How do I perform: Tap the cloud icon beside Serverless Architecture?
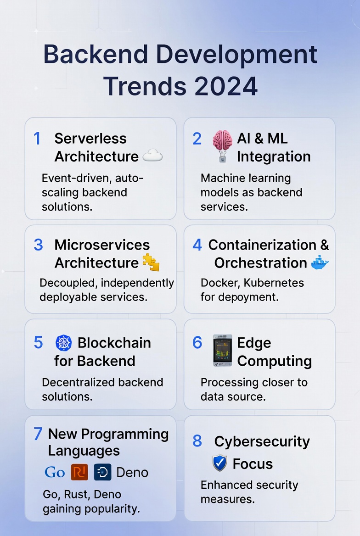[x=152, y=156]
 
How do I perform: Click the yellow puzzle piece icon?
[x=151, y=262]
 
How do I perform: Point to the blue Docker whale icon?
[x=320, y=263]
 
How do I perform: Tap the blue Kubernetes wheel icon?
[x=63, y=343]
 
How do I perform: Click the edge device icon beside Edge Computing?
[x=223, y=350]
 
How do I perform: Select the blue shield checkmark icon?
[x=219, y=463]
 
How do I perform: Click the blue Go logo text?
[x=55, y=472]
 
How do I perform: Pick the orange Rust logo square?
[x=79, y=472]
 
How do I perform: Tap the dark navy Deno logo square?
[x=102, y=472]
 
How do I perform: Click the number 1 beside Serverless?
[x=37, y=139]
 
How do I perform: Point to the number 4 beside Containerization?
[x=197, y=245]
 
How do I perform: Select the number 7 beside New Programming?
[x=38, y=434]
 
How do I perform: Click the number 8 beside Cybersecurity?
[x=197, y=441]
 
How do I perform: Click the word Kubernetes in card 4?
[x=274, y=283]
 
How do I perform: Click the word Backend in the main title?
[x=96, y=55]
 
